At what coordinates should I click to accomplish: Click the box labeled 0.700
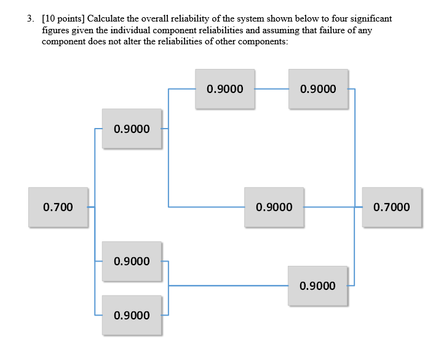[x=58, y=207]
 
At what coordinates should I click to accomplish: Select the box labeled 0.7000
[x=392, y=207]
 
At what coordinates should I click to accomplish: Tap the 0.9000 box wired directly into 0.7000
[x=274, y=207]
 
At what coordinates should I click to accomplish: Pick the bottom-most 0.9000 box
[x=132, y=315]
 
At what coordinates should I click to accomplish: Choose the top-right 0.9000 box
[x=318, y=89]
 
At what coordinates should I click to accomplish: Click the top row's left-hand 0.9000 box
[x=225, y=89]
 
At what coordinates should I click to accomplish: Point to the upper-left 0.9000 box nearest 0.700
[x=132, y=129]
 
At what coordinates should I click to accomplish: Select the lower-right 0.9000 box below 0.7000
[x=318, y=286]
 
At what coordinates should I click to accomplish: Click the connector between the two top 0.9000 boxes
[x=272, y=89]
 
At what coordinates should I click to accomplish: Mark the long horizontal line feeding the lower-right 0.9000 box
[x=228, y=286]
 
